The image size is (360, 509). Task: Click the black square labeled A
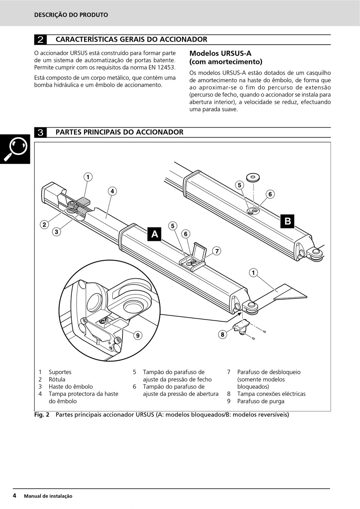click(x=155, y=234)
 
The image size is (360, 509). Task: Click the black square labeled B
click(x=288, y=221)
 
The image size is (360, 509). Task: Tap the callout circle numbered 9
click(x=138, y=335)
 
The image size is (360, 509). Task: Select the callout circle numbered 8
click(x=222, y=334)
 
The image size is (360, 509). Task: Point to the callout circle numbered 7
click(x=217, y=251)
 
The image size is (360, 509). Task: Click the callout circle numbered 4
click(x=112, y=191)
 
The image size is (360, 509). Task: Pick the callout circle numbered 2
click(x=44, y=225)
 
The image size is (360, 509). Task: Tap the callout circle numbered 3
click(x=56, y=231)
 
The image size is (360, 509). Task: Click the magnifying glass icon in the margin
click(x=16, y=149)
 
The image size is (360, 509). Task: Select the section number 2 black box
click(x=41, y=39)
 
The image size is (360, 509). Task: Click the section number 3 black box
click(x=41, y=132)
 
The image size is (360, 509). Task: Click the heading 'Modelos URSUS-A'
click(x=220, y=53)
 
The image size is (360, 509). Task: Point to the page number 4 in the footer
click(x=14, y=495)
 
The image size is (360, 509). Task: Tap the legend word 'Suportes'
click(x=60, y=372)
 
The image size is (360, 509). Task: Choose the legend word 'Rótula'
click(x=57, y=379)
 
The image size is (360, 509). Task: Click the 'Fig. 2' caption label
click(x=42, y=414)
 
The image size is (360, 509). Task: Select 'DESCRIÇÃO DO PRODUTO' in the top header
click(x=71, y=15)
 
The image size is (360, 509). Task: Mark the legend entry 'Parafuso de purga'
click(x=261, y=401)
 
